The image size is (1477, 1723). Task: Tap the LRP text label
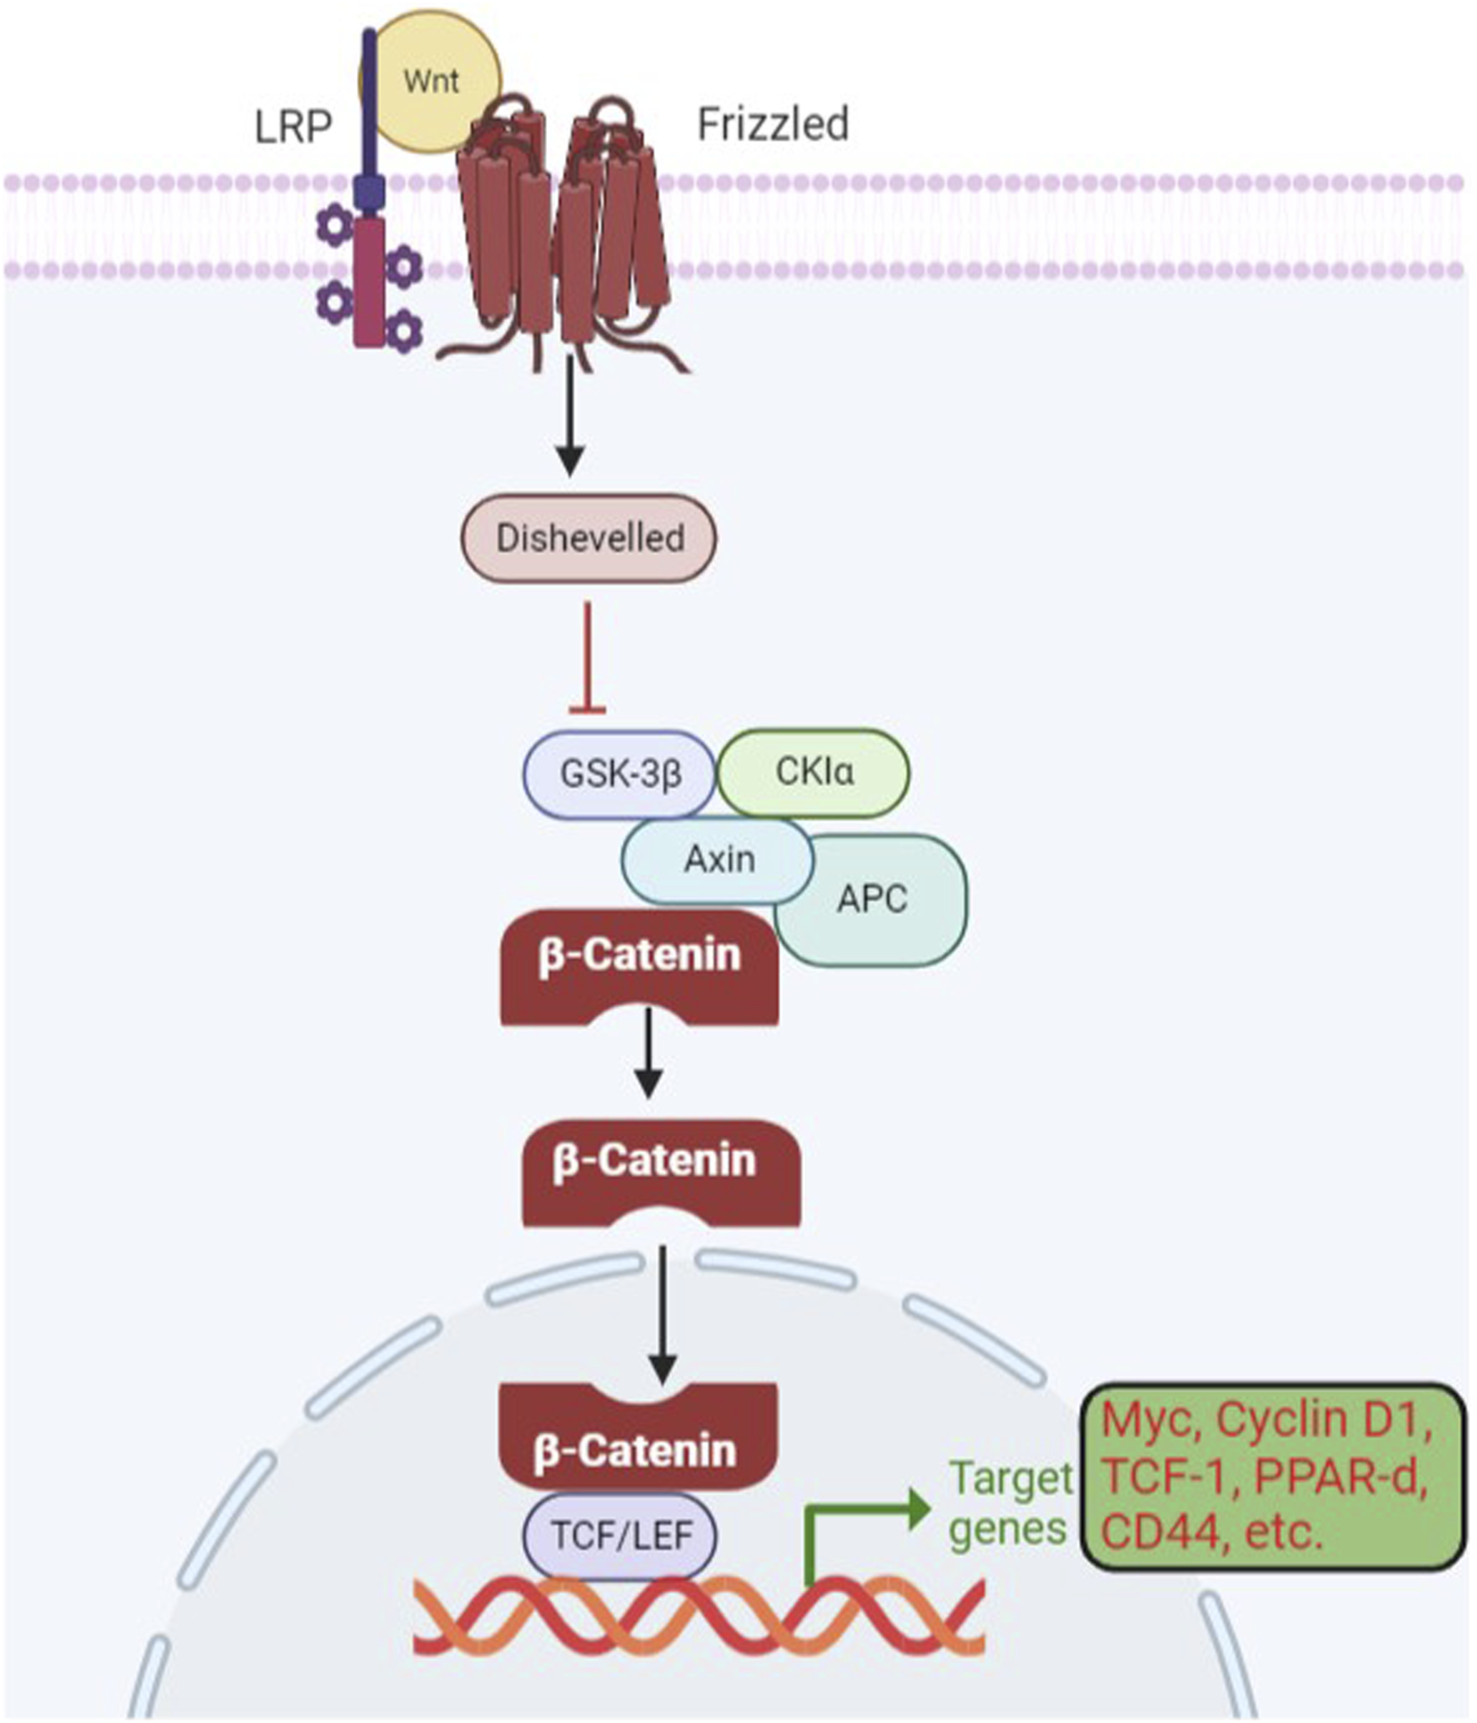pos(293,127)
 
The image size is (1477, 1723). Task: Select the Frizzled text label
pos(772,124)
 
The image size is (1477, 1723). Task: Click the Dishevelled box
pos(589,539)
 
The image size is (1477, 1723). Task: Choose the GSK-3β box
pos(619,773)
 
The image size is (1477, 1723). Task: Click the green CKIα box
pos(814,772)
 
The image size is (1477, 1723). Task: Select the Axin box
pos(718,859)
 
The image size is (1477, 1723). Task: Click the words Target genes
pos(1009,1504)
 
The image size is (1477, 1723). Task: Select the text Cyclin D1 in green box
pos(1323,1420)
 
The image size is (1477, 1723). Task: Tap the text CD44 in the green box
pos(1158,1533)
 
